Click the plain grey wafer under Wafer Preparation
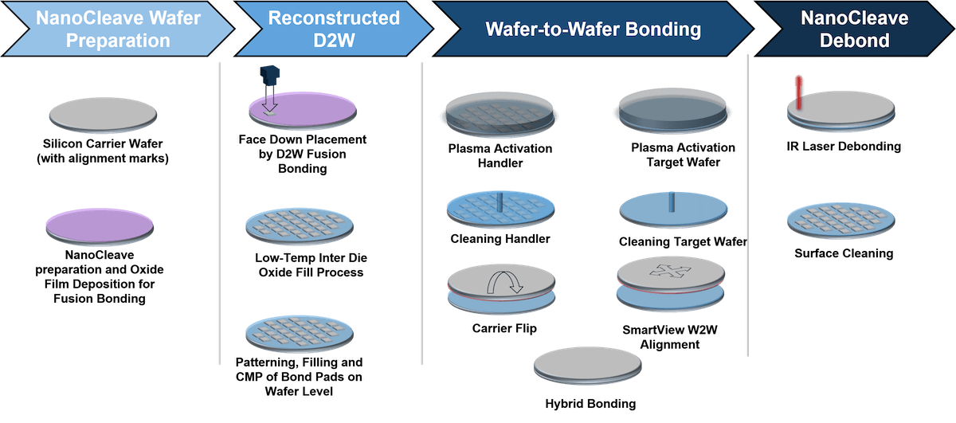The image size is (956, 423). [x=101, y=113]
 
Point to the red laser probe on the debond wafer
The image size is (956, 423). [x=797, y=92]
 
